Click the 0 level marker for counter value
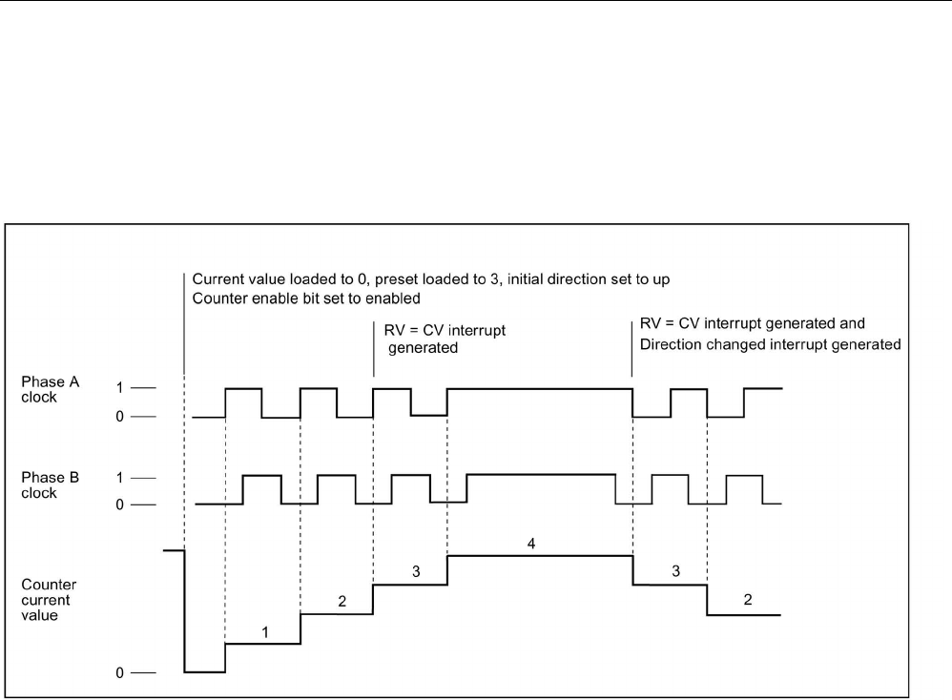point(121,672)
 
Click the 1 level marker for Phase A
point(120,388)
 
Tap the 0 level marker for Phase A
point(120,417)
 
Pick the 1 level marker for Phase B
point(120,476)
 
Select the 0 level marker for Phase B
point(120,504)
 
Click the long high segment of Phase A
point(539,388)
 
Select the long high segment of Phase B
point(541,474)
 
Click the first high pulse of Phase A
point(243,388)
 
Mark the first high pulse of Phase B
point(262,475)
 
